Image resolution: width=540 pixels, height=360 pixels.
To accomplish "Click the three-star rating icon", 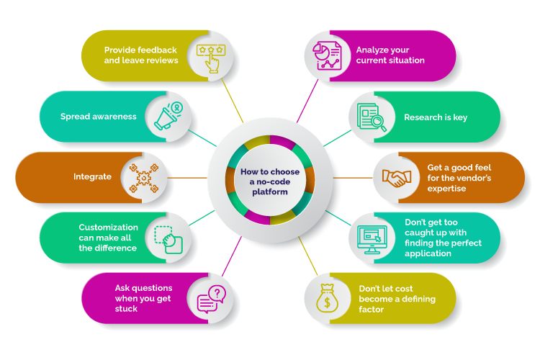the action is [x=211, y=58].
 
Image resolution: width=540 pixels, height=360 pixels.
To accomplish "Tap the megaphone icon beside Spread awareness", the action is [x=168, y=116].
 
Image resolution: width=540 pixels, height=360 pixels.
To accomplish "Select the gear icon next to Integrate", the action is [x=143, y=178].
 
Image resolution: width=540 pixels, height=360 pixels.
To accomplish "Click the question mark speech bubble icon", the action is [x=211, y=299].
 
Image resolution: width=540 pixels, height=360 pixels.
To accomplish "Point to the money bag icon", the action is [x=327, y=298].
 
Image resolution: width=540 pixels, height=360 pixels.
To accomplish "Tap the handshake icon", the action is [x=397, y=178].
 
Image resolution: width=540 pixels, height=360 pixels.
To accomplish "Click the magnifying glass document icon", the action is [x=372, y=117].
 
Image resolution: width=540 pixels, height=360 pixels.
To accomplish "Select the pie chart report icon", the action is [x=327, y=55].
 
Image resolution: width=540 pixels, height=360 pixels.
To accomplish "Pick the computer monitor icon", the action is [x=372, y=239].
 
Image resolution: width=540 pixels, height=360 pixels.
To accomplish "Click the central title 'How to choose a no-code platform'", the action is [x=270, y=181].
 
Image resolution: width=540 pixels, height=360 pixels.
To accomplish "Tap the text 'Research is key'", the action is [x=436, y=117].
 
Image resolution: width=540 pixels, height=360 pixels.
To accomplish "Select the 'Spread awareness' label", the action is [x=99, y=117].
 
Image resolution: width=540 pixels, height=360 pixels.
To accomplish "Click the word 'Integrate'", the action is [x=92, y=176].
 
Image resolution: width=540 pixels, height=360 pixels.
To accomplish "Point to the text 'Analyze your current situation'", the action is [x=390, y=55].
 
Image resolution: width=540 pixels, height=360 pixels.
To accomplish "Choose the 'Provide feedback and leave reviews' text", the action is [x=141, y=55].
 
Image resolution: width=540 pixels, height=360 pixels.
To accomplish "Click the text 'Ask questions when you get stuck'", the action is [x=143, y=298].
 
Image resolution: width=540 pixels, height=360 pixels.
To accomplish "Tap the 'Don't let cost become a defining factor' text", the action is [x=397, y=299].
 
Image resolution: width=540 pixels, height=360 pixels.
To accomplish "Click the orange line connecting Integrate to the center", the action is [x=187, y=178].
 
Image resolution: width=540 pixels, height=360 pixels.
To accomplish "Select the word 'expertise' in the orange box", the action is [x=446, y=189].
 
